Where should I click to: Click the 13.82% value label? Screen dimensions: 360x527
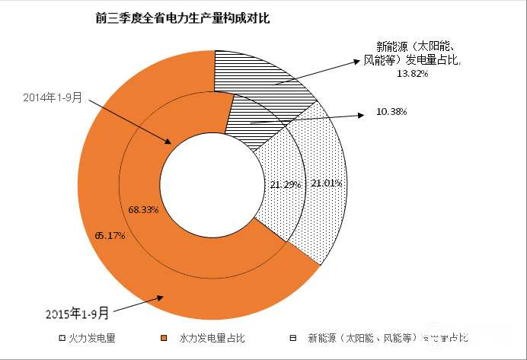point(413,75)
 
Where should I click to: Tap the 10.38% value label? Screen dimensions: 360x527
point(391,112)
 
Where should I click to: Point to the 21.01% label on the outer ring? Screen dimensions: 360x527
point(327,183)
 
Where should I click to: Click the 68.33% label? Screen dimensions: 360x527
point(143,209)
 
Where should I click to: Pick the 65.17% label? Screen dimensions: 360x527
point(110,235)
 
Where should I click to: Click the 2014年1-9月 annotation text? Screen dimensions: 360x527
point(52,98)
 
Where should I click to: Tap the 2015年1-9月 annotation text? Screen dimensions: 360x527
point(77,312)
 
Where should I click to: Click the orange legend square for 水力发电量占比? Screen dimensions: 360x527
point(164,336)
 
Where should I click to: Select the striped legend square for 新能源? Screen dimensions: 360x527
point(292,336)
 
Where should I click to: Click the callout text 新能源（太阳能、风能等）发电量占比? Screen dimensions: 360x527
point(411,53)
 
